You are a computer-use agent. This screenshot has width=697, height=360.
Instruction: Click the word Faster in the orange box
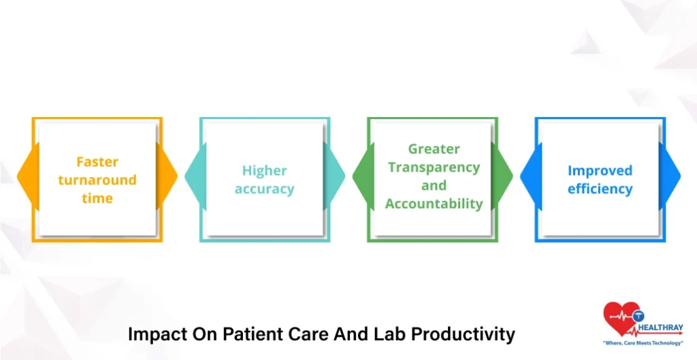click(x=97, y=162)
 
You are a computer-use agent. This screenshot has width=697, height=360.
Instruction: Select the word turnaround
click(x=97, y=180)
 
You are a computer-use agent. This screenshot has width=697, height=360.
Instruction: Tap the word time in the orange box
click(x=97, y=198)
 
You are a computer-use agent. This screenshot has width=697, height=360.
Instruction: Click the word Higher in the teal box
click(x=265, y=171)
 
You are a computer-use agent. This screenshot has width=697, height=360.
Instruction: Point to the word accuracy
click(x=265, y=189)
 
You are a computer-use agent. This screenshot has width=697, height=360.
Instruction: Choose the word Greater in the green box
click(x=434, y=149)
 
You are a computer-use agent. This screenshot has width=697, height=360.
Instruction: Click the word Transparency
click(x=434, y=167)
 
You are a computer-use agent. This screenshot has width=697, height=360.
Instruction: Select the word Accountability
click(x=434, y=204)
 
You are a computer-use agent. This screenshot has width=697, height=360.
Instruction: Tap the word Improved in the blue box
click(x=600, y=171)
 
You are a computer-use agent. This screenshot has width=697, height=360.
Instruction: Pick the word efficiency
click(x=600, y=189)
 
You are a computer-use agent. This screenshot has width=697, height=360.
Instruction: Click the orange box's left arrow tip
click(x=17, y=176)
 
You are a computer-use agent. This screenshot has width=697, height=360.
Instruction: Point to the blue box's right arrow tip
click(x=680, y=176)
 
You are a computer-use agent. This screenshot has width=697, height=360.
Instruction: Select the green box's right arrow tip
click(x=513, y=176)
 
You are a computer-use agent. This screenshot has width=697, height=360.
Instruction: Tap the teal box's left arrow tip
click(x=185, y=176)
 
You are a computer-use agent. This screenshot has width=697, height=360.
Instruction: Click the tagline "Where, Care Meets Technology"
click(x=643, y=343)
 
